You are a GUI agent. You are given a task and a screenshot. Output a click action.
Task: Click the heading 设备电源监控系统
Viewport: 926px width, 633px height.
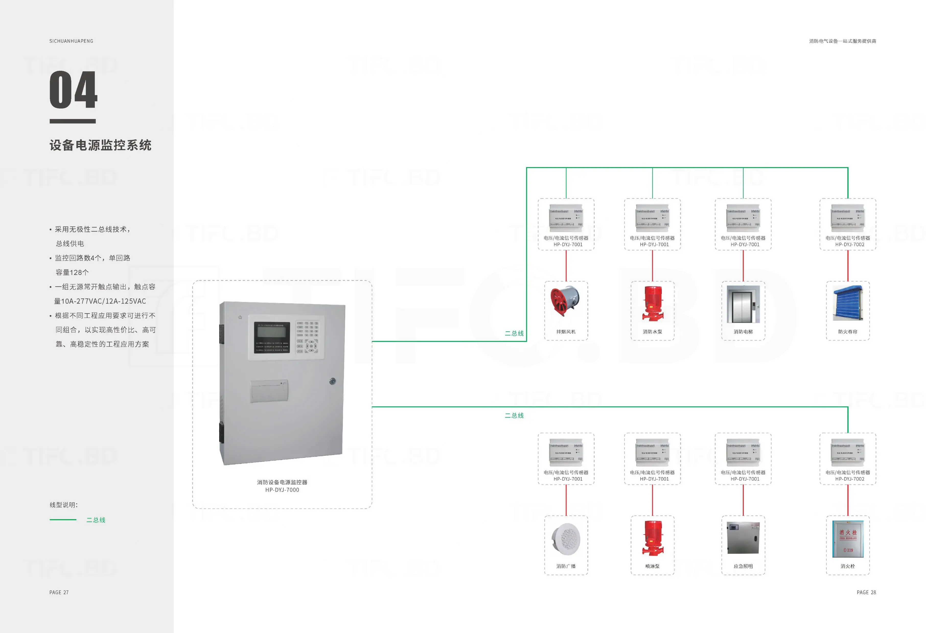pos(100,145)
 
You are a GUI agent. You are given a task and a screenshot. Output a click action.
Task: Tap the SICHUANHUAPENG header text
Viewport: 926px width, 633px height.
pos(71,41)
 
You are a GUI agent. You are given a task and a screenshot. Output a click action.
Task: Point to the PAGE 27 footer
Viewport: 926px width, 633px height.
pos(59,592)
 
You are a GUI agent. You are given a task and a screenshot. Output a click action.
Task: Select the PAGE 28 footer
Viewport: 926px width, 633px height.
pos(866,592)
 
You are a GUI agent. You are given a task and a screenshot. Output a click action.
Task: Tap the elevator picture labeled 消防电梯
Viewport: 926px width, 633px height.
pos(743,304)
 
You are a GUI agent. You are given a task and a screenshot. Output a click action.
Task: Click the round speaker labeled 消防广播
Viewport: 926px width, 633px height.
pos(566,539)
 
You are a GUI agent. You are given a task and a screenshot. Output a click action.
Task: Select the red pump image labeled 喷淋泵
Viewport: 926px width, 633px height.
pos(653,538)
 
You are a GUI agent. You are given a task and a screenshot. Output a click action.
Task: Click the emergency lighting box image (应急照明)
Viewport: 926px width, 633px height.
pos(743,538)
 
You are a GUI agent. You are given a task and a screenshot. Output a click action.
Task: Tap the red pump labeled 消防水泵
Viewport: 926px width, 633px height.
pos(653,304)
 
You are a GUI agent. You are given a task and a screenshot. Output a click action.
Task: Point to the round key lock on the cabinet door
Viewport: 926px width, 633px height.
pos(333,381)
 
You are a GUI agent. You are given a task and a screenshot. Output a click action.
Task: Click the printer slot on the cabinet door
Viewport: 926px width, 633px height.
pos(269,391)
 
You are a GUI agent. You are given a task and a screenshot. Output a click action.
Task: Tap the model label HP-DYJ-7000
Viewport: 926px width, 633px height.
pos(282,490)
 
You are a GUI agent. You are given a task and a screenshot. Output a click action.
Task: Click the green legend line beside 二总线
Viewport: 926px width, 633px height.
pos(63,520)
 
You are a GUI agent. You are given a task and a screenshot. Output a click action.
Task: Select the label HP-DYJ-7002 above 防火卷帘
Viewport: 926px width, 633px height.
pos(850,245)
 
